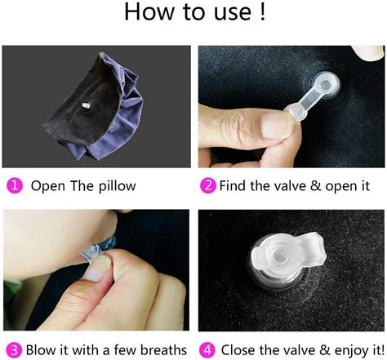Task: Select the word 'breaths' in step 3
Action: [162, 349]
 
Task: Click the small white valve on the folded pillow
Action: [87, 107]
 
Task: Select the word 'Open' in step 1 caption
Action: [48, 186]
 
